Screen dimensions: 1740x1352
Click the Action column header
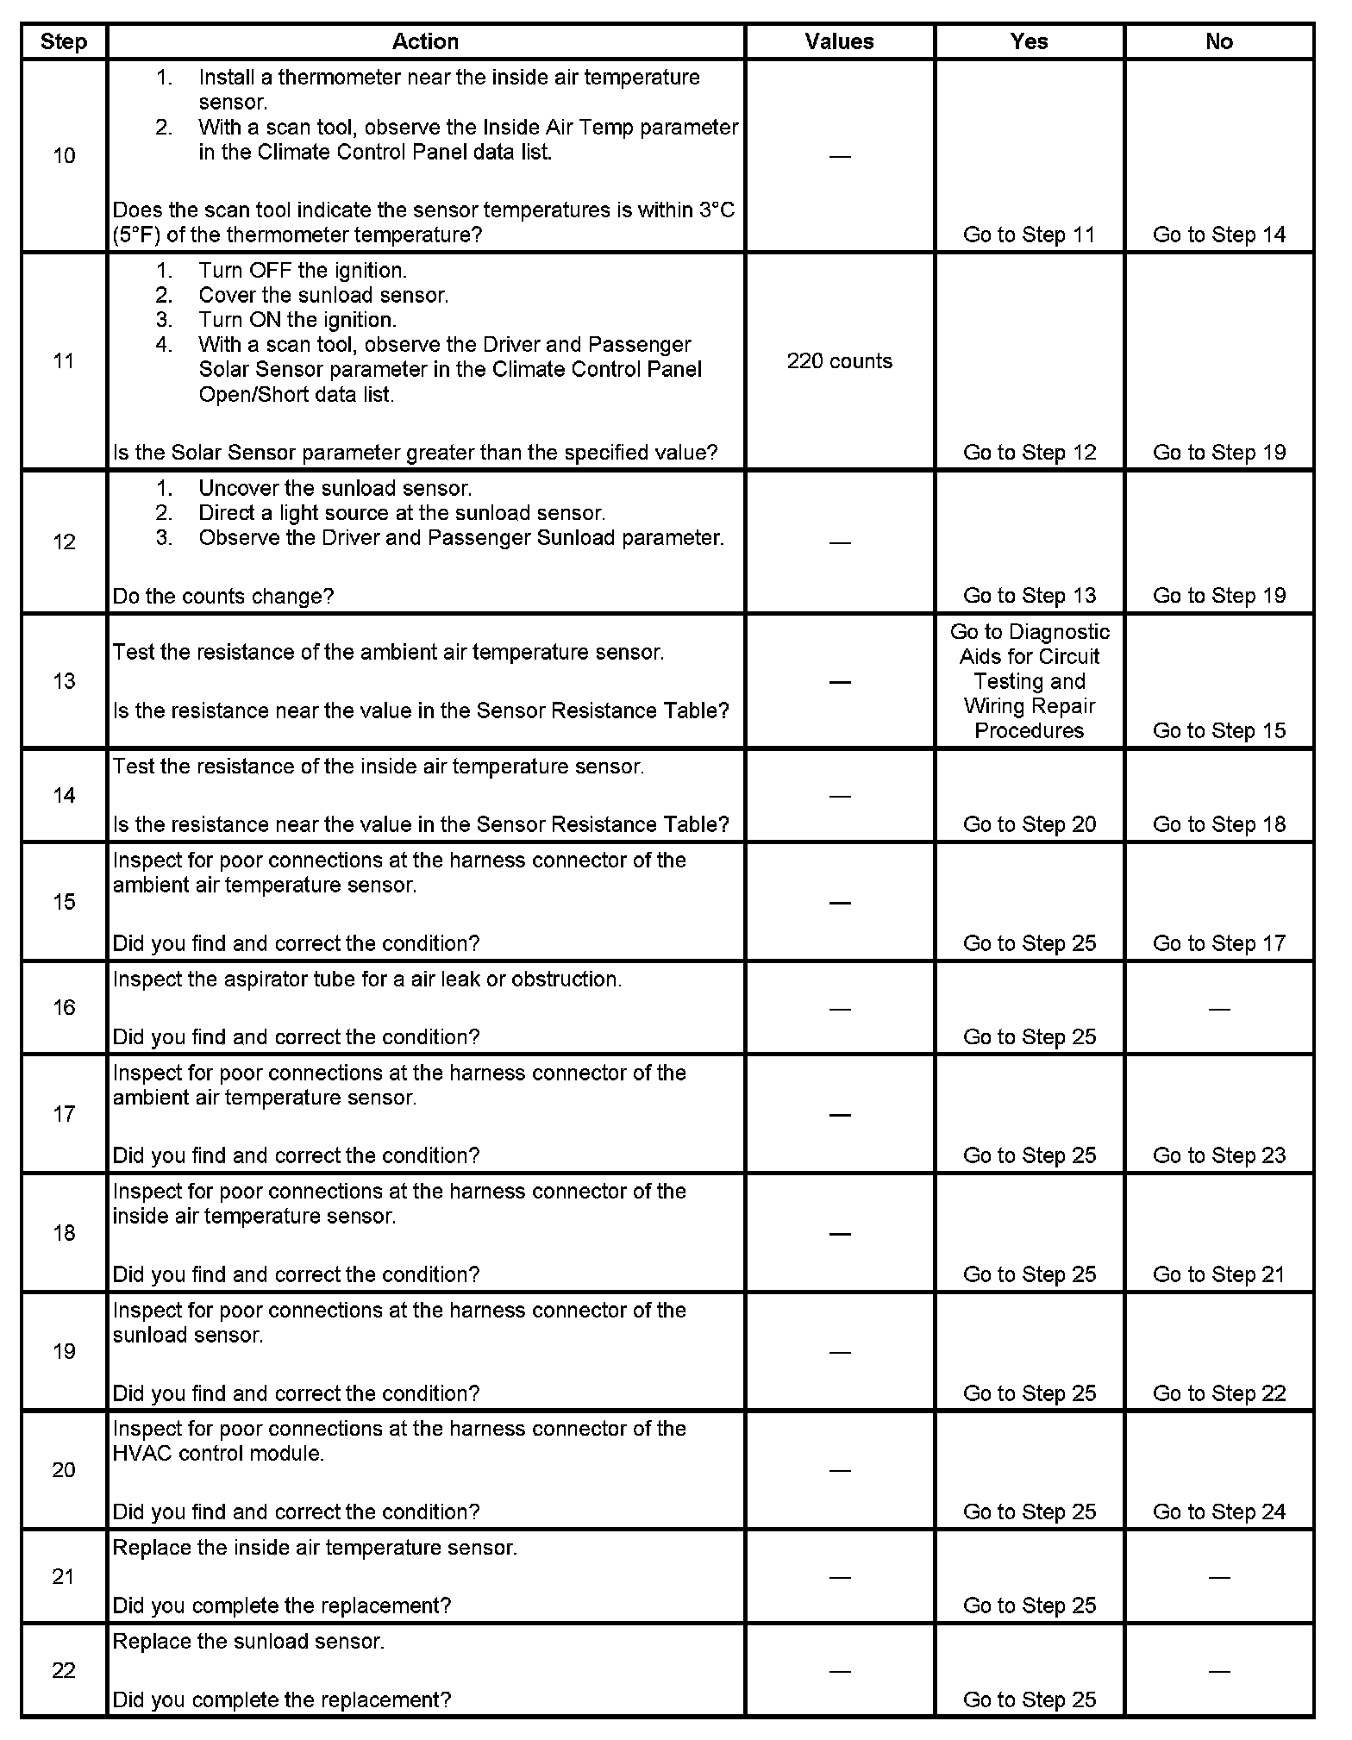pyautogui.click(x=425, y=41)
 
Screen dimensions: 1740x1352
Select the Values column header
pyautogui.click(x=839, y=41)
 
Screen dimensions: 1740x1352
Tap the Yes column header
pyautogui.click(x=1029, y=41)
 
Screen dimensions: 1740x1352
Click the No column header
pyautogui.click(x=1218, y=41)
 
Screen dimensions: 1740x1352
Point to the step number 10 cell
pyautogui.click(x=64, y=156)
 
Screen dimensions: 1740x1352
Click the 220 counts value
pyautogui.click(x=839, y=361)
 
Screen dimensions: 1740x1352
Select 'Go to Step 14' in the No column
pyautogui.click(x=1218, y=235)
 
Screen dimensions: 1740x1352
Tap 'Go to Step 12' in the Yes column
pyautogui.click(x=1029, y=453)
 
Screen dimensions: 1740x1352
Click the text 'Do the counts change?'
pyautogui.click(x=223, y=596)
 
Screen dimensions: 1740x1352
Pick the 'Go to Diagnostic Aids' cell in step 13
pyautogui.click(x=1029, y=681)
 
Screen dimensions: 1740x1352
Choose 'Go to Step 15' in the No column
pyautogui.click(x=1218, y=730)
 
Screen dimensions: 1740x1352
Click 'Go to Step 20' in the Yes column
pyautogui.click(x=1029, y=824)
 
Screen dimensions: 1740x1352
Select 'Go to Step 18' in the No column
pyautogui.click(x=1218, y=824)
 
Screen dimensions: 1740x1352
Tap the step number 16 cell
pyautogui.click(x=64, y=1008)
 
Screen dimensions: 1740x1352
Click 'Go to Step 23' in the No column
pyautogui.click(x=1218, y=1155)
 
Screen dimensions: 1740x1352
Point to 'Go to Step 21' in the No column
pyautogui.click(x=1218, y=1274)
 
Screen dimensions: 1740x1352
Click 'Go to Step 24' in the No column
pyautogui.click(x=1218, y=1512)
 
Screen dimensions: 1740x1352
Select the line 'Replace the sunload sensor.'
pyautogui.click(x=248, y=1641)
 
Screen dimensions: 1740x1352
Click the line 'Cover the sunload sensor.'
pyautogui.click(x=323, y=295)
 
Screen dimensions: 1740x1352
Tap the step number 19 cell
pyautogui.click(x=64, y=1351)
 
